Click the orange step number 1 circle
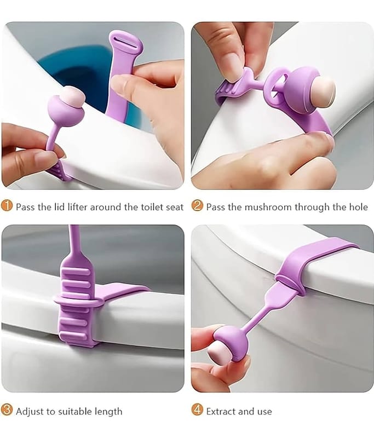point(7,206)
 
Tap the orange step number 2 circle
point(197,206)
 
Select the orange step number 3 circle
point(7,410)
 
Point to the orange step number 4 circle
point(197,410)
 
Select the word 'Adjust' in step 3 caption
point(30,412)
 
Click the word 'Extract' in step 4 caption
point(221,412)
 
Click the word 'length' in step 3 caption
point(108,412)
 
